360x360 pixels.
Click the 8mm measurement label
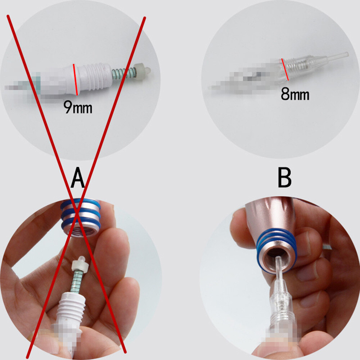[295, 94]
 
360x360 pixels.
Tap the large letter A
[78, 177]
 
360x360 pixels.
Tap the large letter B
[285, 177]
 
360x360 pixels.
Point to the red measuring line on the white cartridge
[75, 80]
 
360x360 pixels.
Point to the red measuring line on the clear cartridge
[285, 69]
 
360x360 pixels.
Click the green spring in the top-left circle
[123, 73]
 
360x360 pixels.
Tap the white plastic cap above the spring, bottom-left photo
[80, 264]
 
